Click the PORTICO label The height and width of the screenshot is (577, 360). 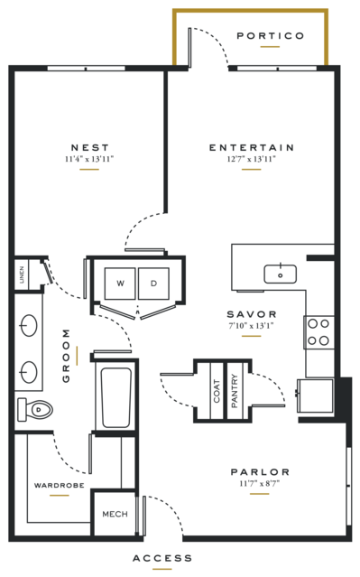(x=271, y=36)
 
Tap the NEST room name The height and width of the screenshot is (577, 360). (x=90, y=147)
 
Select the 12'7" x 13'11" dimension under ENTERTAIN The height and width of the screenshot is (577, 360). (x=252, y=159)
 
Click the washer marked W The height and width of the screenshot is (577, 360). (x=120, y=284)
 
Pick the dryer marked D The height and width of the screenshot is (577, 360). (x=153, y=284)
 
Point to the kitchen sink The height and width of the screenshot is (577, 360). (x=281, y=275)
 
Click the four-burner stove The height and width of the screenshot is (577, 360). (x=318, y=332)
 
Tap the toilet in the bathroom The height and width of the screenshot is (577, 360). (x=35, y=409)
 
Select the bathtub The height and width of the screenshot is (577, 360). (x=116, y=397)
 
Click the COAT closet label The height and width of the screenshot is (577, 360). (x=217, y=391)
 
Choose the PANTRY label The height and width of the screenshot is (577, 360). (x=235, y=391)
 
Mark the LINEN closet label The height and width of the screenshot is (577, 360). (x=22, y=275)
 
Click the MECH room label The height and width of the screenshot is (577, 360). (x=115, y=514)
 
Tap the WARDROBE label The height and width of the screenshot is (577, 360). (x=60, y=486)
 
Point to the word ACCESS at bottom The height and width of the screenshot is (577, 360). (x=162, y=558)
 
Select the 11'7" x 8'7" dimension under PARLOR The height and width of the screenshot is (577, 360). (x=260, y=483)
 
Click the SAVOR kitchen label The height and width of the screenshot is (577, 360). (x=252, y=314)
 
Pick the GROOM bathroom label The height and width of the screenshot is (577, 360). (x=66, y=356)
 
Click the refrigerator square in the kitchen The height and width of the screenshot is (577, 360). (x=316, y=396)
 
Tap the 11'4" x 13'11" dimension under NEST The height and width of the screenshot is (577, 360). (x=89, y=159)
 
